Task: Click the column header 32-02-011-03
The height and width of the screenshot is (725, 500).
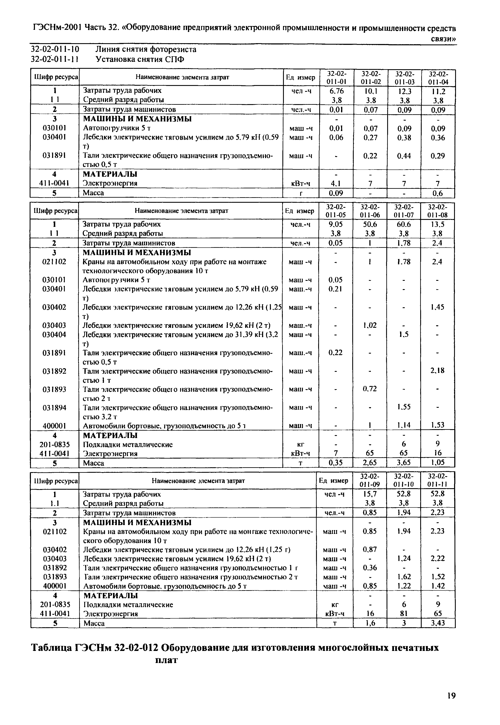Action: point(404,78)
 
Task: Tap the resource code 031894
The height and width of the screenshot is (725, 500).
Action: point(54,407)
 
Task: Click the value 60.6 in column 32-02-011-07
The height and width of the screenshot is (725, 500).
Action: point(403,225)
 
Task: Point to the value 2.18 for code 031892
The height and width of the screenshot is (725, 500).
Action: point(437,371)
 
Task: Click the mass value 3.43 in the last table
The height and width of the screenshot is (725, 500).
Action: point(437,623)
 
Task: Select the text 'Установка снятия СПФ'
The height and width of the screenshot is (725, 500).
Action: point(140,59)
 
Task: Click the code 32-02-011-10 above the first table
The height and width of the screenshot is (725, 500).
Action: point(55,49)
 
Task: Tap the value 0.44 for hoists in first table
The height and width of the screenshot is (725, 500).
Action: point(404,156)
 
